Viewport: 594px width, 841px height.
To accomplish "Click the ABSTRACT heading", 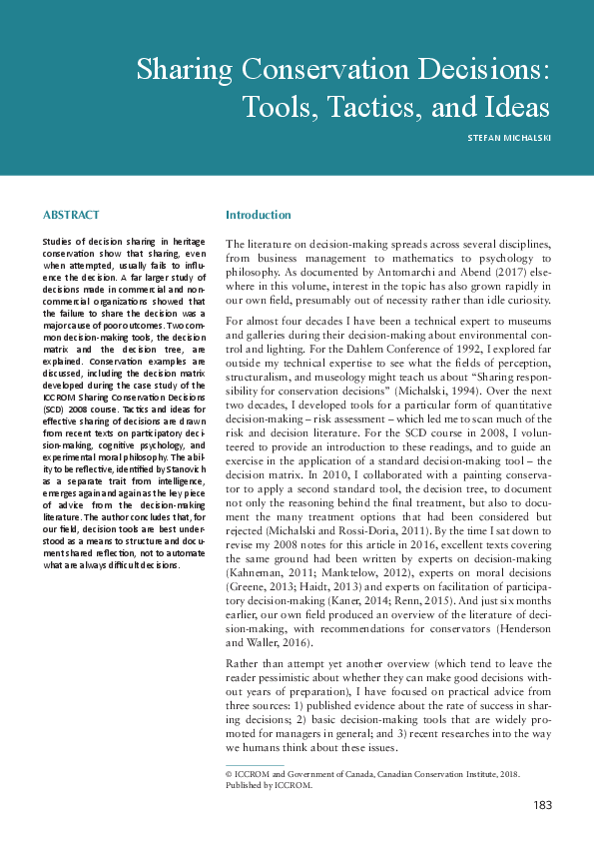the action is tap(72, 215).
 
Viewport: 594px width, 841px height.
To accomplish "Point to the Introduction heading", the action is tap(258, 215).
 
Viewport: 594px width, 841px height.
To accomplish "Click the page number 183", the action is tap(542, 806).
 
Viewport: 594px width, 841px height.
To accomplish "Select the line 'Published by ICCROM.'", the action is tap(269, 785).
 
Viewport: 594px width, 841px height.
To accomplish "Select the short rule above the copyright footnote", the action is tap(255, 765).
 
